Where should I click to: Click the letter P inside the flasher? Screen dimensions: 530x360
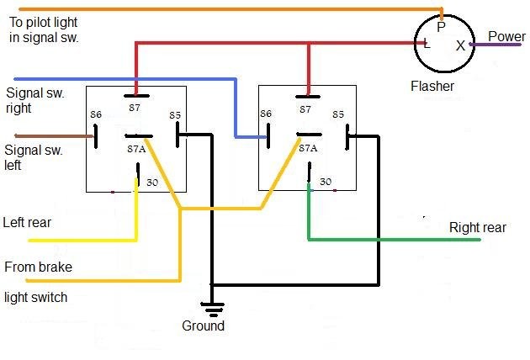pos(441,27)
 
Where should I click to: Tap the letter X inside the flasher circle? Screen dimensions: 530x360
pos(460,45)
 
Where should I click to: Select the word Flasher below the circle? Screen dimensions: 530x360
pos(432,86)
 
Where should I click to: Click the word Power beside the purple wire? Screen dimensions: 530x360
pos(506,36)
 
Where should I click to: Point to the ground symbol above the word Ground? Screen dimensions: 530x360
pos(212,309)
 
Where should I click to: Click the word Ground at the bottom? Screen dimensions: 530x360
pos(203,326)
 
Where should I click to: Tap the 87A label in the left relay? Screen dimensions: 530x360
pos(136,149)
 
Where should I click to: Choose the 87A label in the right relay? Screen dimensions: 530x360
pos(308,148)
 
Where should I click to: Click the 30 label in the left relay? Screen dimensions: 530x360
pos(152,183)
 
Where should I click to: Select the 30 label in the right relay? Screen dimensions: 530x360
pos(326,182)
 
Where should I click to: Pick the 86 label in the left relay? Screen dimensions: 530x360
pos(96,114)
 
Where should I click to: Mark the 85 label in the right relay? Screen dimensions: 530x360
pos(338,114)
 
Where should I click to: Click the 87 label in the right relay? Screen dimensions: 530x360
pos(305,109)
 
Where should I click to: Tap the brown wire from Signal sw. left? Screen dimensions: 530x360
pos(54,136)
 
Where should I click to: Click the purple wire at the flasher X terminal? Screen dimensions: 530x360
pos(495,45)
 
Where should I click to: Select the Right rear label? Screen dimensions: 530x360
pos(478,227)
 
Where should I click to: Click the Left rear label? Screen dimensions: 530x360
pos(27,222)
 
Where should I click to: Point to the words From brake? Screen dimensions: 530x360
pos(38,267)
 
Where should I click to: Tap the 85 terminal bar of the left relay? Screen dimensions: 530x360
pos(178,135)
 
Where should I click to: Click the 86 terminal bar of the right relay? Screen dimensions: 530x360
pos(268,136)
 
